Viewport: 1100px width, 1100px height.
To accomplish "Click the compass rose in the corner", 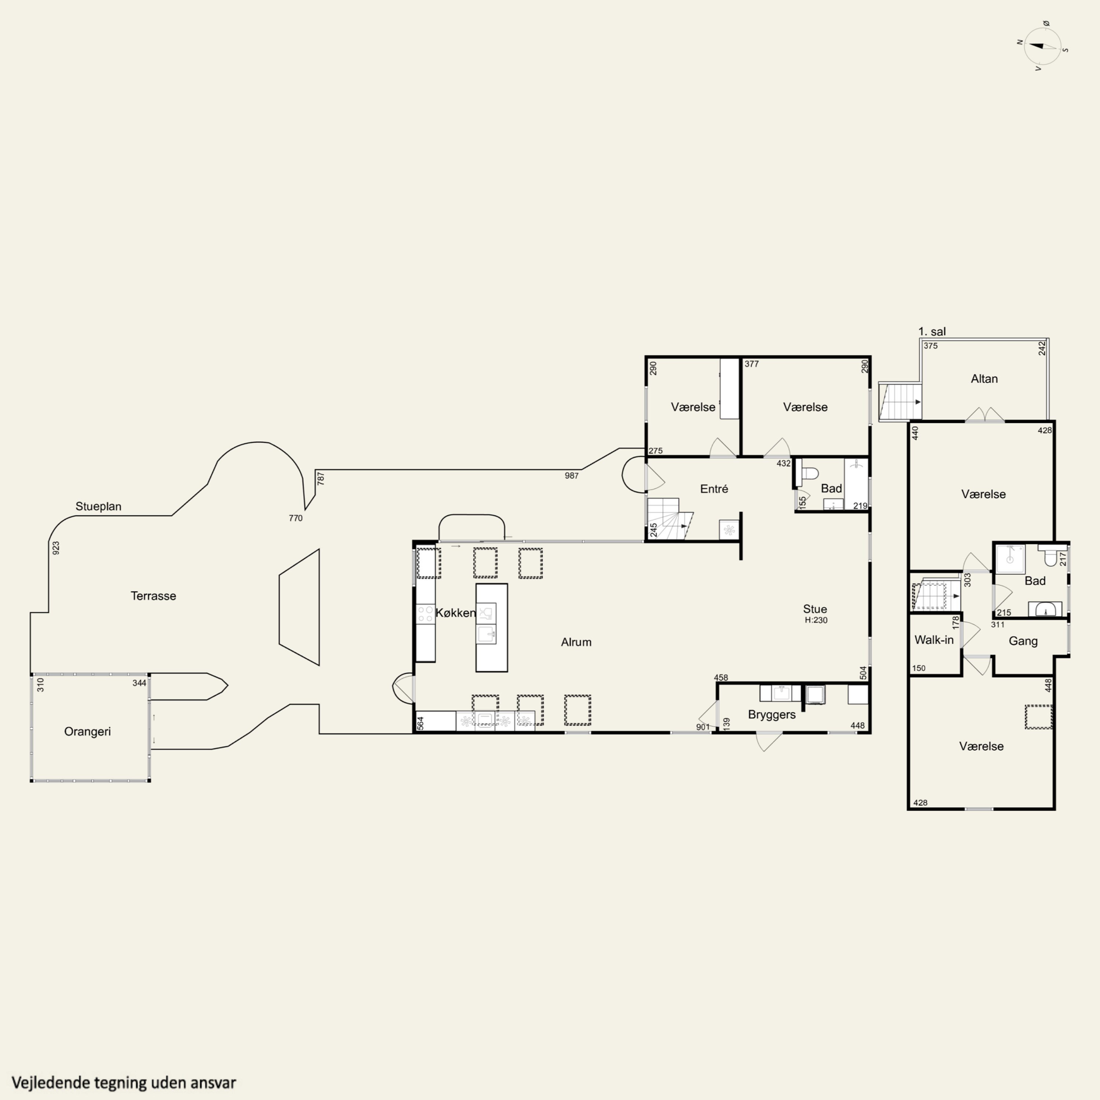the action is click(x=1042, y=47).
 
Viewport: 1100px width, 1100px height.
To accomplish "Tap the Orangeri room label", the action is click(x=88, y=731).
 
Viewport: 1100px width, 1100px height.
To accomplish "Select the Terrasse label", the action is click(x=153, y=596).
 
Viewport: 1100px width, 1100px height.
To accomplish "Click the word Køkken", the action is click(x=455, y=613).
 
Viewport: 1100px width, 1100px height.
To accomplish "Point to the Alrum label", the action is click(x=576, y=642).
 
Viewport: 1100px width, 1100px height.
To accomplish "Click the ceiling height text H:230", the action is click(x=816, y=620).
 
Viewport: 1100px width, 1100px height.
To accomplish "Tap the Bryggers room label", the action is click(x=772, y=715).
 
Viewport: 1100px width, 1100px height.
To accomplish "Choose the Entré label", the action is click(x=714, y=488).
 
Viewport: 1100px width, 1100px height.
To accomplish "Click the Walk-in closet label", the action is click(x=934, y=640).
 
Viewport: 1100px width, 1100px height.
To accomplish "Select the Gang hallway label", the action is click(x=1023, y=641).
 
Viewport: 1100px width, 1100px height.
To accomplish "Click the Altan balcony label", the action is click(x=984, y=379).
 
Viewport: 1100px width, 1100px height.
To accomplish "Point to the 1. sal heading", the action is click(x=932, y=331).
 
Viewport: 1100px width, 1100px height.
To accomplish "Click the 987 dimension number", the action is click(x=572, y=476).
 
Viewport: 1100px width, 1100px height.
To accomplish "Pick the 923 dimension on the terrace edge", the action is click(x=56, y=548).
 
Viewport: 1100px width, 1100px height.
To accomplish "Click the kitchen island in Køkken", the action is click(x=491, y=627).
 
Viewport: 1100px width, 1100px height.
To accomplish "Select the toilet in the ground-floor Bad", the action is click(x=809, y=473).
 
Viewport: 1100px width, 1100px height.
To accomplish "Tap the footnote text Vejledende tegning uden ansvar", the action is click(x=124, y=1082).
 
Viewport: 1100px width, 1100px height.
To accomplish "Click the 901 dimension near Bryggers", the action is click(x=703, y=727).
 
